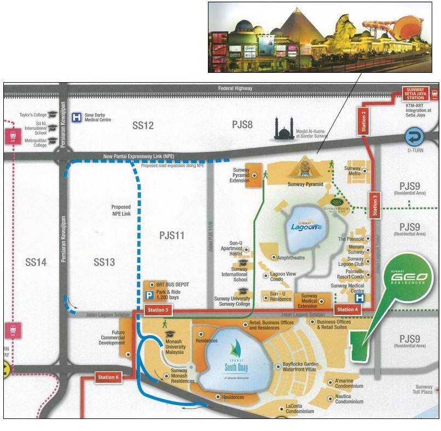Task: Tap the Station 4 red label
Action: (347, 310)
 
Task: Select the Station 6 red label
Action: (108, 377)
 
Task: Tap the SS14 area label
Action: (36, 262)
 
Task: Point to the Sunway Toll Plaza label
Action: (423, 389)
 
